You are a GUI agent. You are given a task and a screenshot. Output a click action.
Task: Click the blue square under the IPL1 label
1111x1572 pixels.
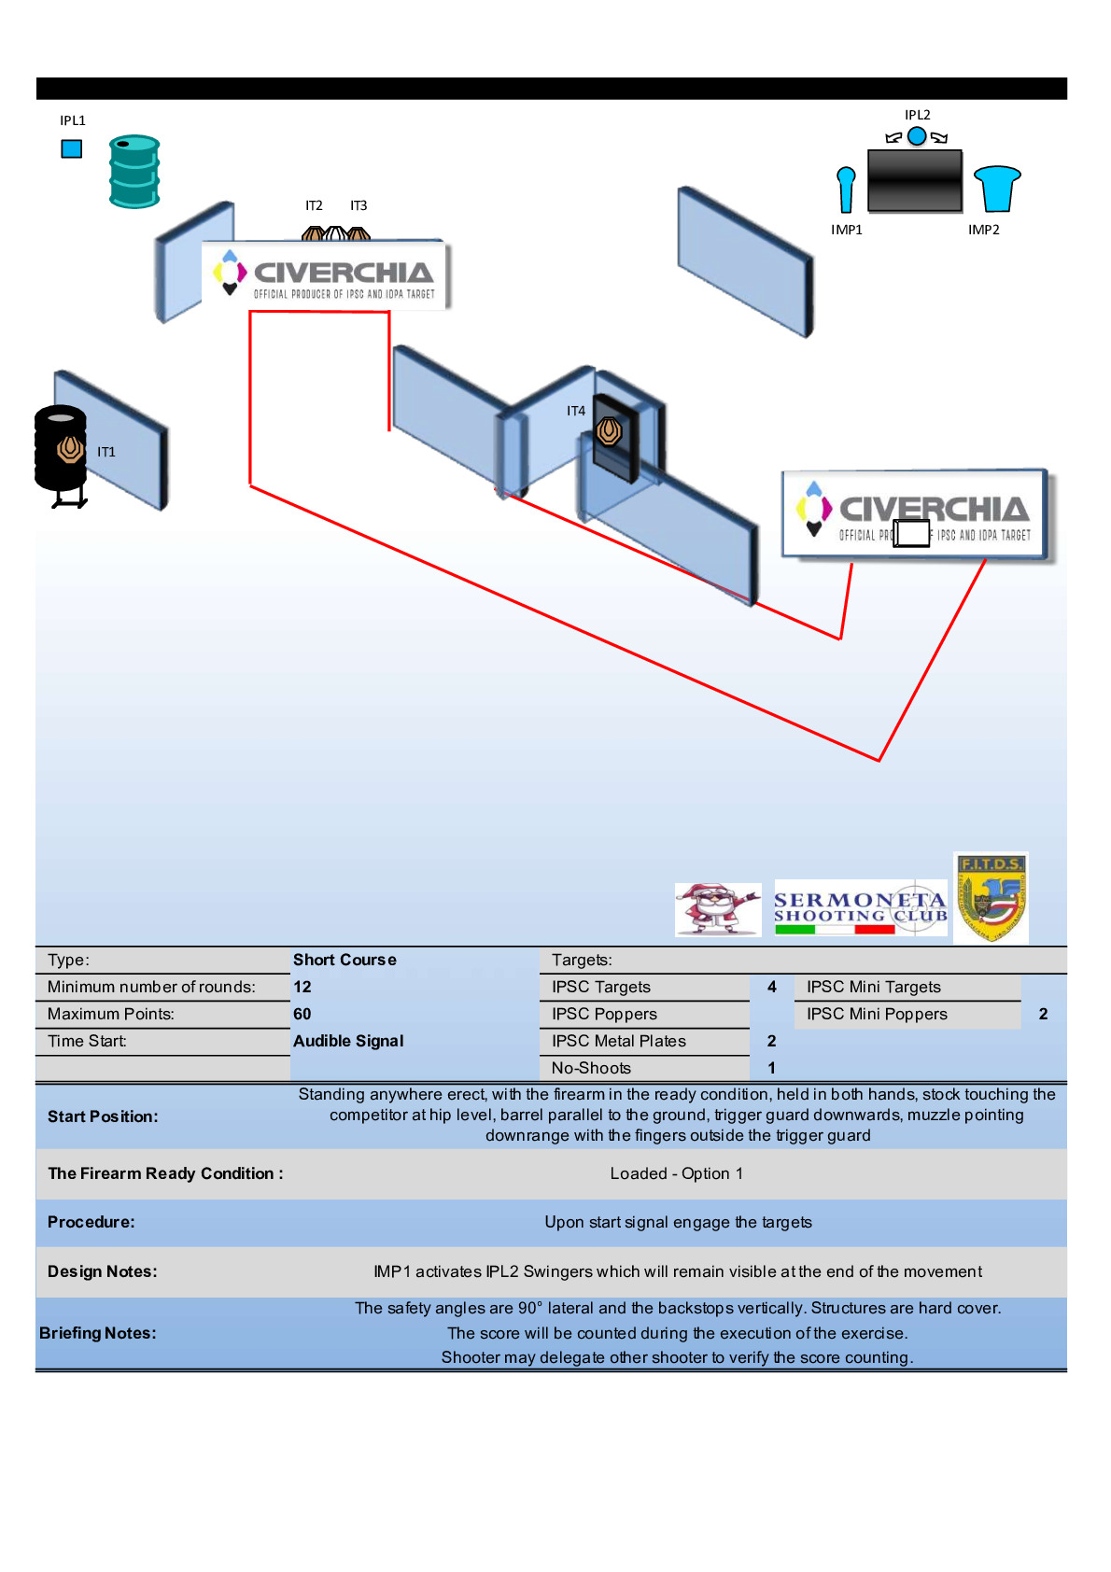[72, 148]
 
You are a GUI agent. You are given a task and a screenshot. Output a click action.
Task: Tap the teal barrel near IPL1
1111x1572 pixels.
[134, 171]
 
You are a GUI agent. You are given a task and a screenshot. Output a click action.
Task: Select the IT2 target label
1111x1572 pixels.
[314, 205]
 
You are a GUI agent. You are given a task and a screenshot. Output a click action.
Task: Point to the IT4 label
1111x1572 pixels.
[576, 411]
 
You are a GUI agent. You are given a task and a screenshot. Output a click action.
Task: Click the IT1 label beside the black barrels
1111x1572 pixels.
[106, 452]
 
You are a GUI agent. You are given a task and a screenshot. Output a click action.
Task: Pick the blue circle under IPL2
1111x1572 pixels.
[917, 136]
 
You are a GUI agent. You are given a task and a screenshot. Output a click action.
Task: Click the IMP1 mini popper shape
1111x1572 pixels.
[846, 189]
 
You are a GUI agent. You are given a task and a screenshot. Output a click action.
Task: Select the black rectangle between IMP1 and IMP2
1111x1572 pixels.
[915, 181]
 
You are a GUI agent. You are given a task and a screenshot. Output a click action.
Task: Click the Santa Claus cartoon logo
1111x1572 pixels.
[717, 909]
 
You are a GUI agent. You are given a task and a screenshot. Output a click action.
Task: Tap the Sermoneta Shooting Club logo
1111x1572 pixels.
[860, 907]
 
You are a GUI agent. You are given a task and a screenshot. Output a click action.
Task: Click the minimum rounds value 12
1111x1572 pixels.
[302, 987]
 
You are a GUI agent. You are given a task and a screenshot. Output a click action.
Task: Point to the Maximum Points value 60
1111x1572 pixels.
[302, 1014]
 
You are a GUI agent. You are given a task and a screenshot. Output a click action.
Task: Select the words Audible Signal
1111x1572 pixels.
[348, 1041]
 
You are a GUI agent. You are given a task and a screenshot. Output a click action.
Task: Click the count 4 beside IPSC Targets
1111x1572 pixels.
[772, 987]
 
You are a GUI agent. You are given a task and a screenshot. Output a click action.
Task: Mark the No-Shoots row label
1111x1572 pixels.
[591, 1068]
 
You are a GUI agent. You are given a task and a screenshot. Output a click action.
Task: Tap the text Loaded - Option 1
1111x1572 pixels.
[677, 1173]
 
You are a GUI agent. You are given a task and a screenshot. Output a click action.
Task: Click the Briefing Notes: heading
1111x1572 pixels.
[98, 1333]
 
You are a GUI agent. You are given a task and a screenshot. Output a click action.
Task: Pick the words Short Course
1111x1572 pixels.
[345, 960]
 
